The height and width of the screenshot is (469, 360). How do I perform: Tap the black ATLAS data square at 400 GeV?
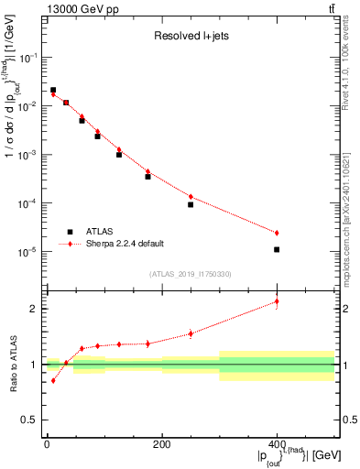(x=277, y=249)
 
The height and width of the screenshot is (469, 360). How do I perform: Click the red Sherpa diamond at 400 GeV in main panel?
(x=277, y=233)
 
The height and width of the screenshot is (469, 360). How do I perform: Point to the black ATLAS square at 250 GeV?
(x=191, y=204)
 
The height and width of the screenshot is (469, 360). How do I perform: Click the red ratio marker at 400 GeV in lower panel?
(x=277, y=301)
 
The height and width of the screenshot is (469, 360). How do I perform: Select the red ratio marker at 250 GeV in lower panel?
(x=191, y=333)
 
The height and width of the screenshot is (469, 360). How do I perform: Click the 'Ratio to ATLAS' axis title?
(x=12, y=364)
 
